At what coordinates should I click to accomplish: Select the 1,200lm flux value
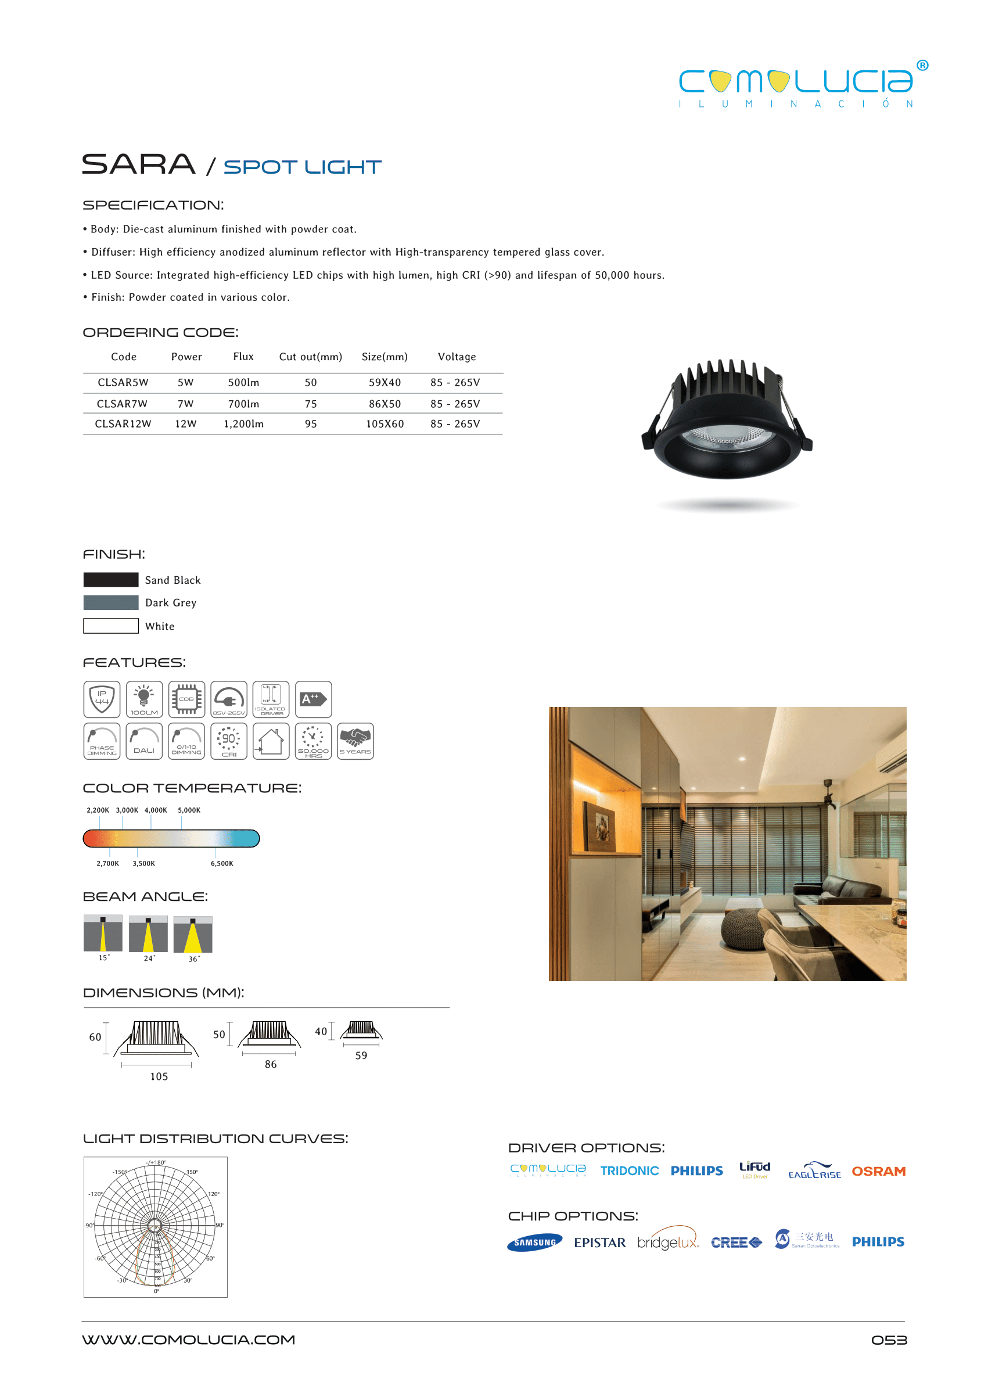coord(243,424)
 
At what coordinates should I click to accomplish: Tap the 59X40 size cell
coord(385,383)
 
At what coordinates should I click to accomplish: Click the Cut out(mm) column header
coord(310,357)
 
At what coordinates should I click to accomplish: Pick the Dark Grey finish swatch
coord(111,603)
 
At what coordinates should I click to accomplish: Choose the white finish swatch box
coord(111,626)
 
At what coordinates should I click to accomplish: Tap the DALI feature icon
coord(144,741)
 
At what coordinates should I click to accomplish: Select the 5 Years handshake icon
coord(355,741)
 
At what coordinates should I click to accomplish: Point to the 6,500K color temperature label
coord(222,864)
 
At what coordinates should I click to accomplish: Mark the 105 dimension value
coord(159,1077)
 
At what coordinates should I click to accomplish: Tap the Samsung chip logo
coord(535,1243)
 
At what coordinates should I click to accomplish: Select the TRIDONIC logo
coord(629,1171)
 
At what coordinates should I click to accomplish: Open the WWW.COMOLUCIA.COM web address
coord(189,1340)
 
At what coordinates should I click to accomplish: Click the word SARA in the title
coord(139,164)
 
